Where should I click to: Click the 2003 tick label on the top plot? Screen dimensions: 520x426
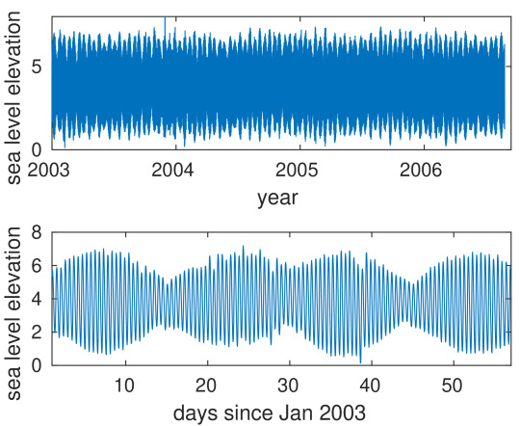tap(48, 170)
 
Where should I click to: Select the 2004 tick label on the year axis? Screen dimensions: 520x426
tap(172, 170)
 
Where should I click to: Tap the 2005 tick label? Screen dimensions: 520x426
tap(297, 170)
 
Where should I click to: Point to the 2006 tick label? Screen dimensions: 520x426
tap(421, 170)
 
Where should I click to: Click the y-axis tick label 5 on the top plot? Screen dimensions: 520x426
tap(37, 67)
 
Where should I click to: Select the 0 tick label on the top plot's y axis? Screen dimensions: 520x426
tap(37, 150)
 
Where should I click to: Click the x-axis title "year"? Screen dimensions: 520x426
tap(278, 199)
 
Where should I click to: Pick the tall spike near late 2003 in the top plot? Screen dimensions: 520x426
tap(165, 28)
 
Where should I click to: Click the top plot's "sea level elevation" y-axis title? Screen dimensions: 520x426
tap(13, 97)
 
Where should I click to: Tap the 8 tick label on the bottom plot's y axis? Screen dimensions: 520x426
tap(37, 232)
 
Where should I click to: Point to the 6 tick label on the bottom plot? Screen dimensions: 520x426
tap(37, 266)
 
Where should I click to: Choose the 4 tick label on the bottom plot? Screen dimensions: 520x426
tap(37, 299)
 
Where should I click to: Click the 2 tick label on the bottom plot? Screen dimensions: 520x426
tap(37, 333)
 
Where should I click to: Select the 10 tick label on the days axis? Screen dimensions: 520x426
tap(124, 386)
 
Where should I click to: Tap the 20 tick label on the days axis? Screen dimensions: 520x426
tap(206, 386)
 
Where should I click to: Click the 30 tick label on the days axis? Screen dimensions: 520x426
tap(289, 386)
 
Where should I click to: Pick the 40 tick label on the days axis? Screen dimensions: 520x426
tap(371, 386)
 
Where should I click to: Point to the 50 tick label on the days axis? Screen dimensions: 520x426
tap(452, 386)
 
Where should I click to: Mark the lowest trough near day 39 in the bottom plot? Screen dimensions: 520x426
tap(360, 361)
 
